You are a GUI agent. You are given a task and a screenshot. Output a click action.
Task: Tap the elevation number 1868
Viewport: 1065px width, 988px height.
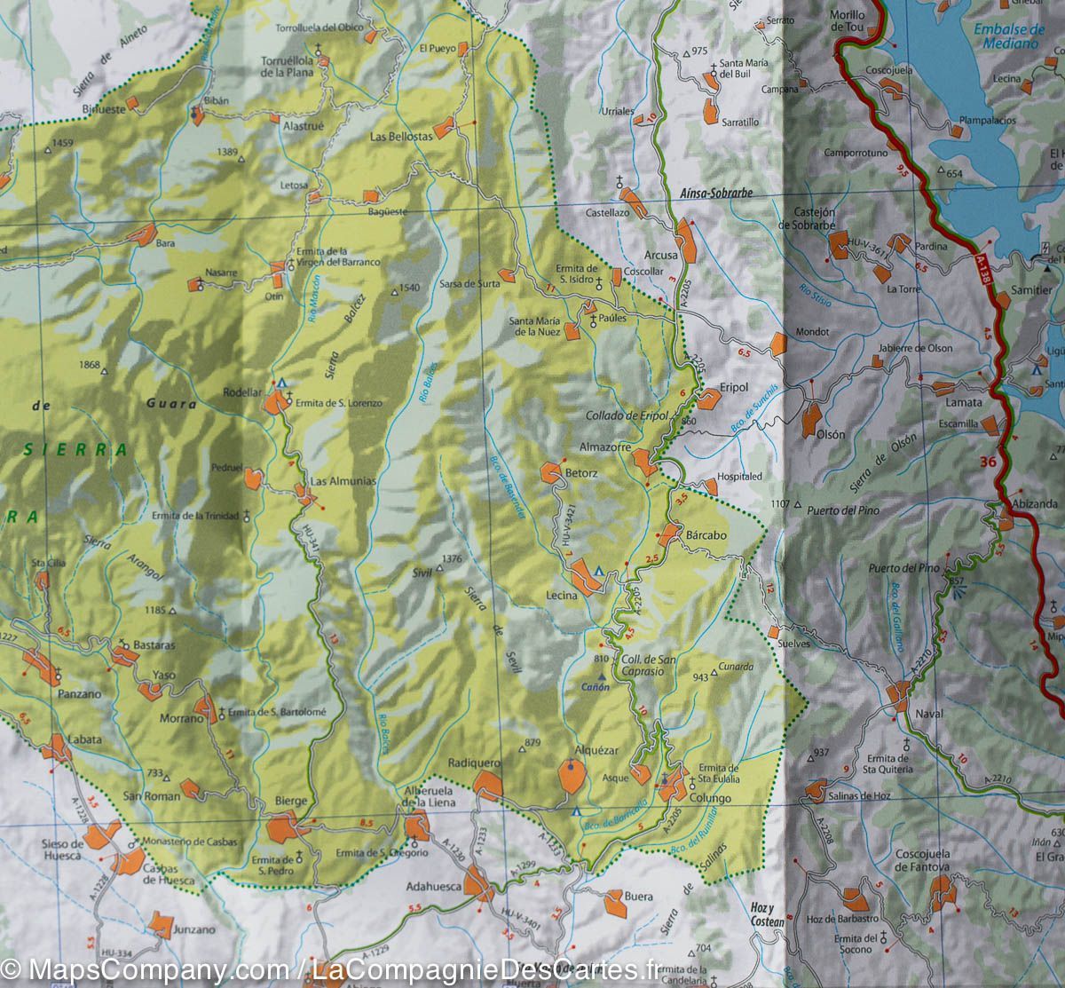coord(90,365)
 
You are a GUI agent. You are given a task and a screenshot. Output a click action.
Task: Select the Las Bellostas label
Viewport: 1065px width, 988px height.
coord(401,137)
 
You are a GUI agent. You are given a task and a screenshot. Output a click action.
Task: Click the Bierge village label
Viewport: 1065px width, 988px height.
coord(291,801)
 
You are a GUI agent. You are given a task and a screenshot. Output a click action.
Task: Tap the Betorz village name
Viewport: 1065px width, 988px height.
coord(582,474)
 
